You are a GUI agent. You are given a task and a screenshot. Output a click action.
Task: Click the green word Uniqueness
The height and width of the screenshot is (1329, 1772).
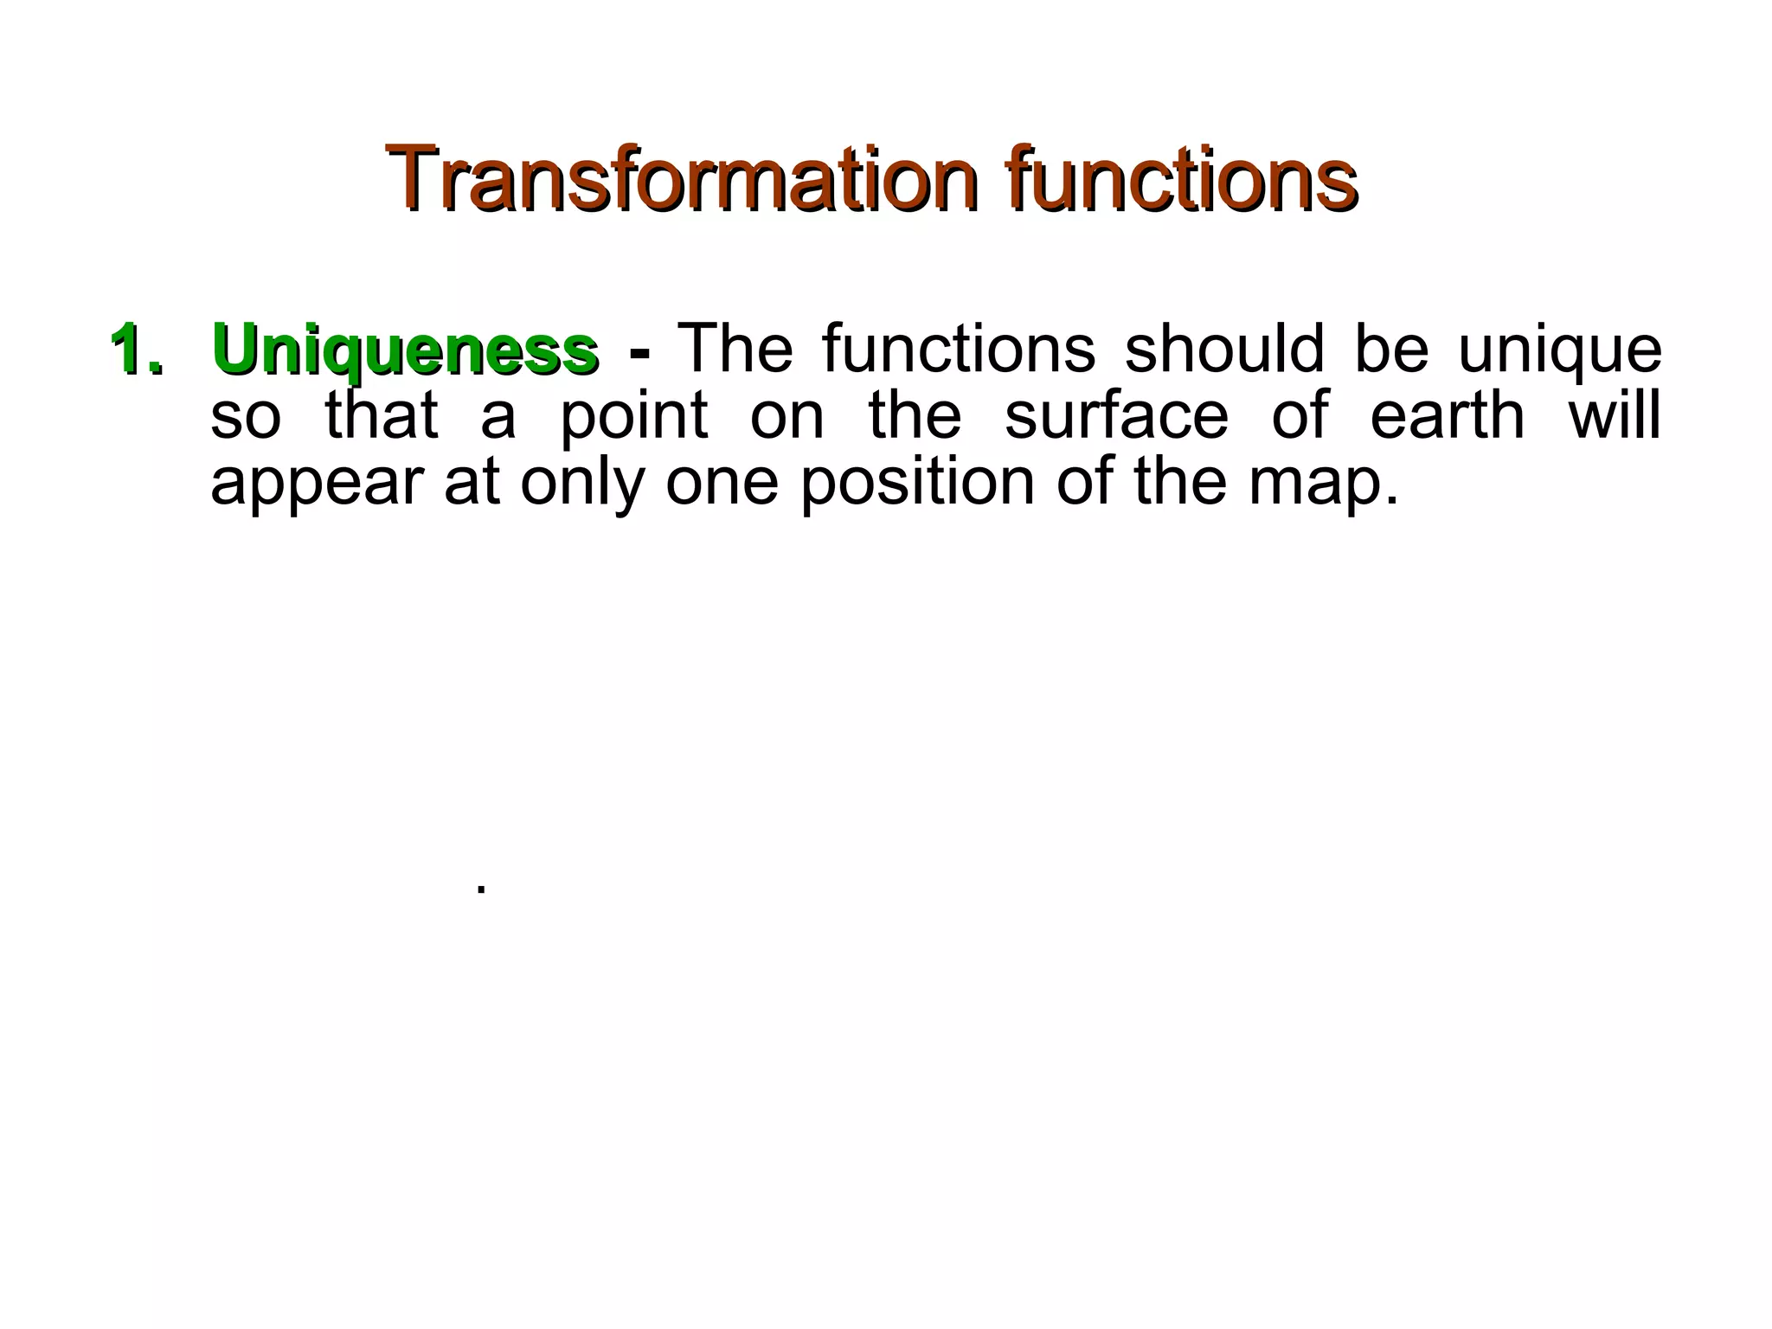[405, 350]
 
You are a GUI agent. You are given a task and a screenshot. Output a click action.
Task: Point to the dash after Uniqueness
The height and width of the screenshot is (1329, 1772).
[639, 353]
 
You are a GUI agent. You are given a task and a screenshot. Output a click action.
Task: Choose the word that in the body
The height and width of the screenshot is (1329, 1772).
[382, 414]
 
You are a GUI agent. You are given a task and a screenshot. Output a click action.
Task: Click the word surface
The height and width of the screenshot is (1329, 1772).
[1116, 414]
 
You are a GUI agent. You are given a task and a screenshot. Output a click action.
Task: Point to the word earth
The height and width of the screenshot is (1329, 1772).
[1448, 414]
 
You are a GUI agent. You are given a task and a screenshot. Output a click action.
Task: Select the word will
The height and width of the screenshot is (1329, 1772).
[1615, 414]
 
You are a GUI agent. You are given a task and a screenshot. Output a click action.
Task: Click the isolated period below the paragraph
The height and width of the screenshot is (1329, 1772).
[481, 890]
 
